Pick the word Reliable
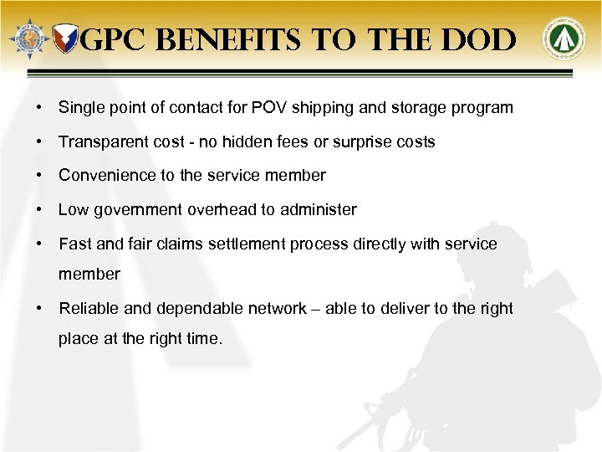click(x=85, y=309)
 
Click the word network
click(x=278, y=309)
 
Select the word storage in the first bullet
click(x=422, y=109)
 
